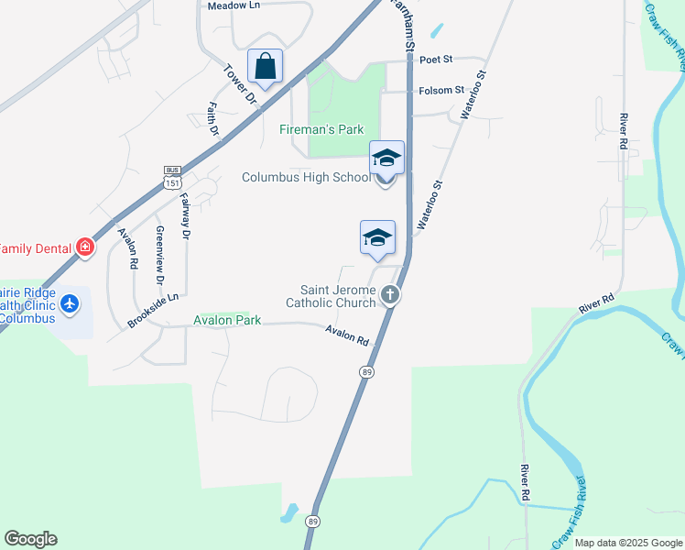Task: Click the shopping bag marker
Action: (x=265, y=67)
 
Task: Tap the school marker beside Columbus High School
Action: (x=386, y=159)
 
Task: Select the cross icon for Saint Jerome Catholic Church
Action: (x=390, y=295)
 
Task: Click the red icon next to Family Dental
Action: (x=85, y=247)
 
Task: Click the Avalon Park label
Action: (x=227, y=320)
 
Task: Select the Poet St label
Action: (x=437, y=60)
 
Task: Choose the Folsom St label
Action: (x=441, y=91)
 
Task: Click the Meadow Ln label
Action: (x=234, y=5)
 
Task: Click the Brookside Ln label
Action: (x=152, y=312)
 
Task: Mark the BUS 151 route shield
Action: (x=172, y=177)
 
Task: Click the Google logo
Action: (x=30, y=539)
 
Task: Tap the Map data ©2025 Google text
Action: (x=628, y=543)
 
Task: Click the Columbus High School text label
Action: (x=306, y=177)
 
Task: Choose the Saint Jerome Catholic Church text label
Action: (x=331, y=296)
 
